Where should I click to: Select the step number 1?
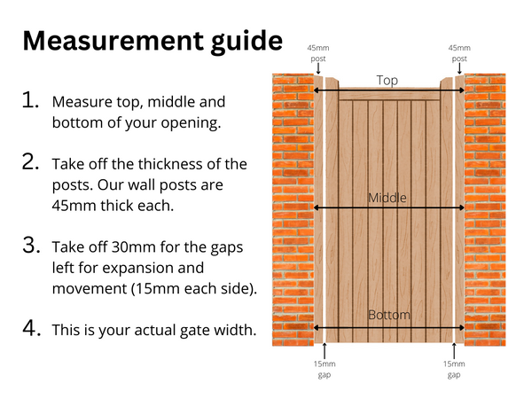(31, 101)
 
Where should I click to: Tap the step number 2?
(31, 164)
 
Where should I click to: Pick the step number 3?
(31, 246)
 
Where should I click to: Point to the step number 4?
(31, 328)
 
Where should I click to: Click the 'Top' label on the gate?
(387, 80)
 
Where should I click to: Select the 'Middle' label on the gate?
(387, 198)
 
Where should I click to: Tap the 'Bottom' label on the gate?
(387, 315)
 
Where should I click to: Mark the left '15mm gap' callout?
(325, 369)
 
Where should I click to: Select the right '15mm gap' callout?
(453, 369)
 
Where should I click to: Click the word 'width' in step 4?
(235, 331)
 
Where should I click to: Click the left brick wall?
(293, 208)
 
